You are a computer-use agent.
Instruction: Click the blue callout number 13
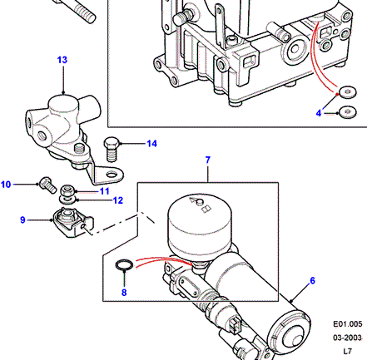click(x=62, y=60)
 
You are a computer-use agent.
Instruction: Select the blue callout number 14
click(x=151, y=144)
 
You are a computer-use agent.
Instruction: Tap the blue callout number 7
click(x=208, y=160)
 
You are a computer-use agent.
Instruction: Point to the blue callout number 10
click(x=6, y=185)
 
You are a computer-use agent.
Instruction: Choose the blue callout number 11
click(x=105, y=191)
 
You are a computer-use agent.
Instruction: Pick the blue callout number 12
click(x=118, y=200)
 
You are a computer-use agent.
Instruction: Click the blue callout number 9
click(x=22, y=220)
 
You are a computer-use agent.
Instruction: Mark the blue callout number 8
click(x=124, y=293)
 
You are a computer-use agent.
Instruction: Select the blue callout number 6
click(x=313, y=281)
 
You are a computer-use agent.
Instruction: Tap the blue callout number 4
click(x=319, y=113)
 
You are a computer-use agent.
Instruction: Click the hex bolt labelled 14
click(x=111, y=149)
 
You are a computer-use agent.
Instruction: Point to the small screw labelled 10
click(x=47, y=185)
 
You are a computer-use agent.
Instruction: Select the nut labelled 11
click(x=67, y=190)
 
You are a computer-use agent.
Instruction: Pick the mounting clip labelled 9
click(x=72, y=223)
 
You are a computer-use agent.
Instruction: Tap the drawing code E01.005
click(x=348, y=324)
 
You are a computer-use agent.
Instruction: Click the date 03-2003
click(x=348, y=338)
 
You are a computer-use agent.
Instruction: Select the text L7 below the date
click(x=347, y=352)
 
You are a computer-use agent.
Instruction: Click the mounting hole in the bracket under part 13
click(x=112, y=175)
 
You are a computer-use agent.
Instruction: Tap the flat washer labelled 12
click(x=67, y=200)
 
